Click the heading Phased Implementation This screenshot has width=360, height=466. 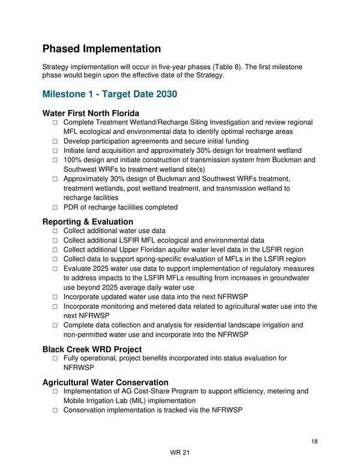tap(101, 49)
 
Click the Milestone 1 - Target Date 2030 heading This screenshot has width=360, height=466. tap(109, 94)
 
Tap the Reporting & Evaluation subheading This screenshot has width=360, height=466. tap(88, 222)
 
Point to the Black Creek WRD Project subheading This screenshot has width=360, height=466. tap(92, 349)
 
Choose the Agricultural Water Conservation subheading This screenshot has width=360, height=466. tap(105, 382)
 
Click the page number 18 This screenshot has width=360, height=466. tap(314, 441)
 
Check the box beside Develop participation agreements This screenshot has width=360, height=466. tap(55, 141)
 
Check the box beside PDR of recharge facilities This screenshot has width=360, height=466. tap(55, 207)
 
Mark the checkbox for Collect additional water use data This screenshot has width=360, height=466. tap(55, 231)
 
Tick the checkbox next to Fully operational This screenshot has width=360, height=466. tap(55, 358)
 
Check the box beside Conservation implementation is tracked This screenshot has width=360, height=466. tap(55, 410)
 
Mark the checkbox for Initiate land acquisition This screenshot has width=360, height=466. tap(55, 150)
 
